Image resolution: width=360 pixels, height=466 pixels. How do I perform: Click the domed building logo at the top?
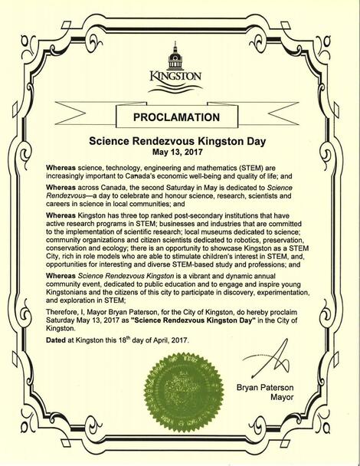click(179, 52)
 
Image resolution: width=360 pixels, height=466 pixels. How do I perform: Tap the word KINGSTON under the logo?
click(178, 77)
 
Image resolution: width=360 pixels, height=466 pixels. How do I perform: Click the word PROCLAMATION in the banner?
click(179, 119)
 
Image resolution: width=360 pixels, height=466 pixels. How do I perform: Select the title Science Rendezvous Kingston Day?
click(179, 142)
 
